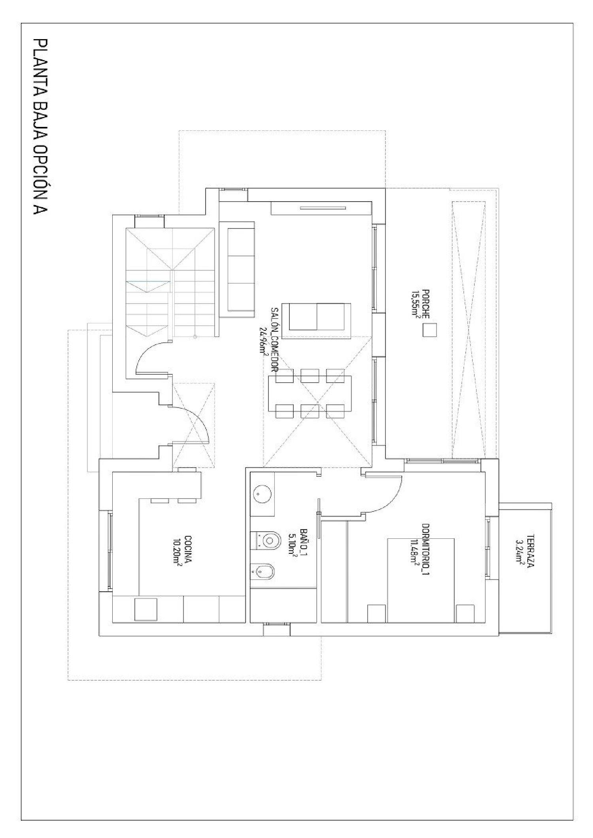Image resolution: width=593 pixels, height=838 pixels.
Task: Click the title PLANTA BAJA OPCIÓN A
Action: point(40,127)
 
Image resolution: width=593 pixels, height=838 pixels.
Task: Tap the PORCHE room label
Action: point(426,304)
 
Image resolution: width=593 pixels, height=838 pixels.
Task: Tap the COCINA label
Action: point(188,550)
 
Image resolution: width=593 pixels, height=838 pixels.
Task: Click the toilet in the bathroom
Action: point(266,539)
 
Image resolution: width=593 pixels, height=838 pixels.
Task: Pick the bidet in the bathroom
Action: point(263,571)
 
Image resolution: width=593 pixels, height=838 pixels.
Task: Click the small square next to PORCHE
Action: point(429,330)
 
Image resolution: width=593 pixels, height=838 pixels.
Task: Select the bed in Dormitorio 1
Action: point(421,580)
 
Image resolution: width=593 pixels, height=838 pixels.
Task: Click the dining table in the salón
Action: point(310,394)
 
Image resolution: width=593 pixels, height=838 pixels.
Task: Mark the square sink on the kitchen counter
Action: point(146,609)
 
